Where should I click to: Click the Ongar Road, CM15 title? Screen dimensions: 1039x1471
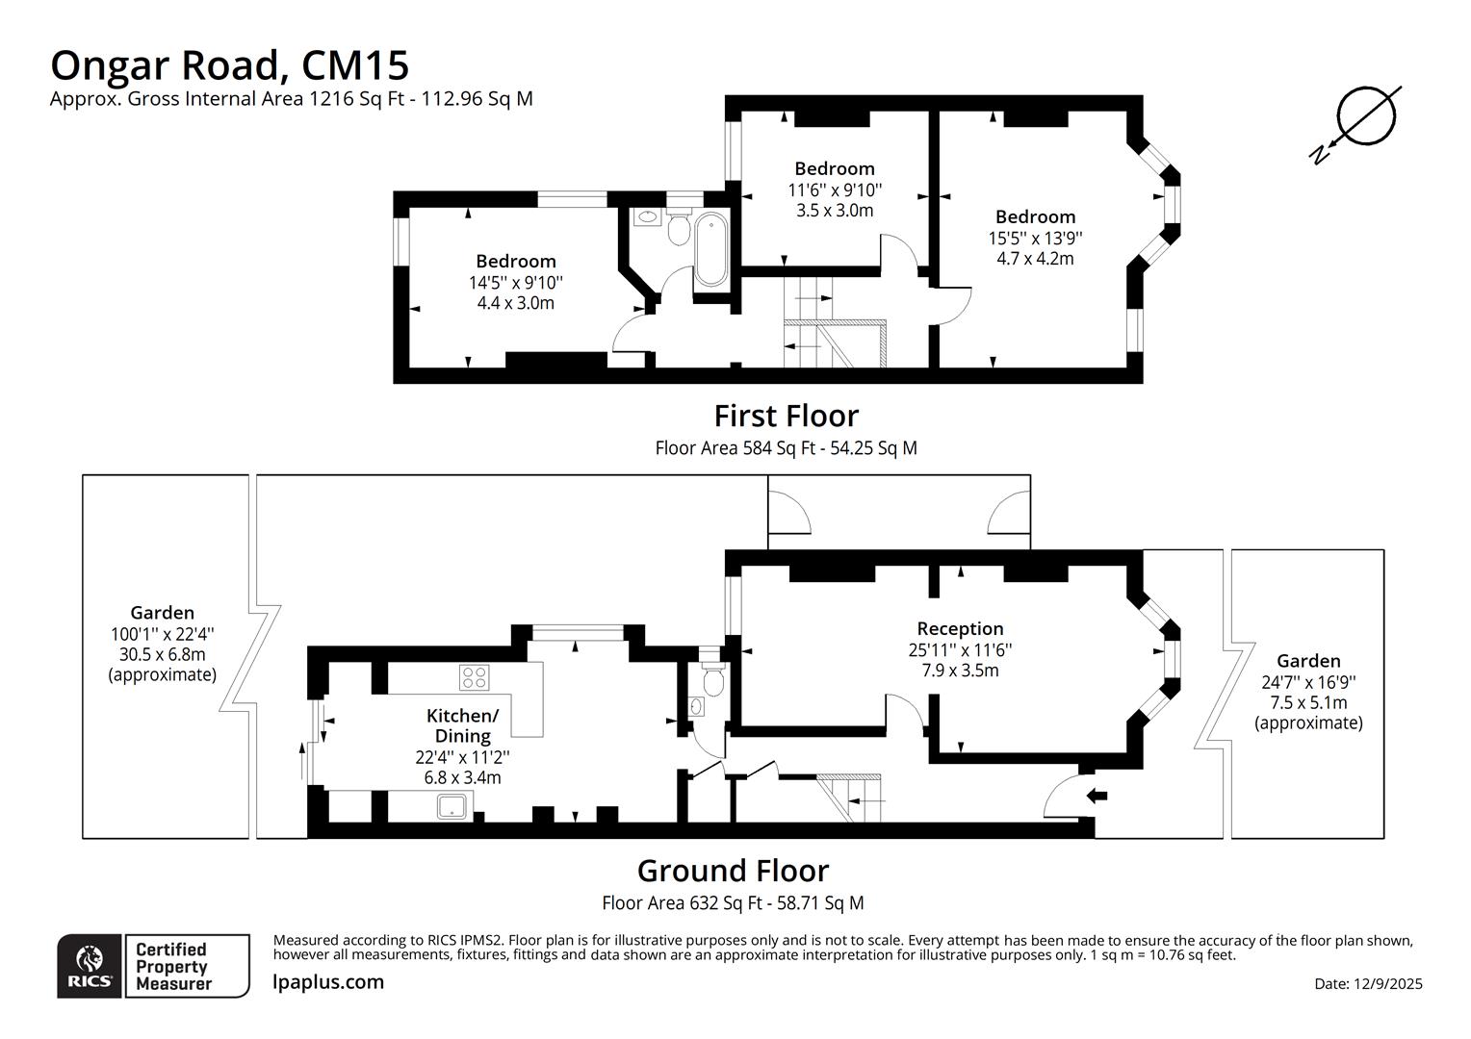coord(229,65)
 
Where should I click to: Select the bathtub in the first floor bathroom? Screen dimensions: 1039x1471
coord(711,250)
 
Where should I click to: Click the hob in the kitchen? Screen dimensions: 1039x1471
coord(474,677)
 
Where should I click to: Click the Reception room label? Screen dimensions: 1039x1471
coord(960,629)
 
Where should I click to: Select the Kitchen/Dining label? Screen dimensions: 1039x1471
coord(462,725)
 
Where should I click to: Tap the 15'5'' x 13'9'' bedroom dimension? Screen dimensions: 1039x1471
coord(1035,238)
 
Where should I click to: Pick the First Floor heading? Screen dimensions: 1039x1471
coord(786,416)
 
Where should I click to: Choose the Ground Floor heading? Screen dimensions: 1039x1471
coord(733,871)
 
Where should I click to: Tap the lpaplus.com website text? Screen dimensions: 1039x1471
coord(328,982)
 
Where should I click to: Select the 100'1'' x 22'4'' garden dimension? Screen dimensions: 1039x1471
coord(162,634)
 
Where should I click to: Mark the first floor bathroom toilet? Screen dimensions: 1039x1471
coord(679,229)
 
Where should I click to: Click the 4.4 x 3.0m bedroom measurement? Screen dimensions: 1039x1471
coord(515,303)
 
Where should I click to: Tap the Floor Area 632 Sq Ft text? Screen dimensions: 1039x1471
coord(733,903)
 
